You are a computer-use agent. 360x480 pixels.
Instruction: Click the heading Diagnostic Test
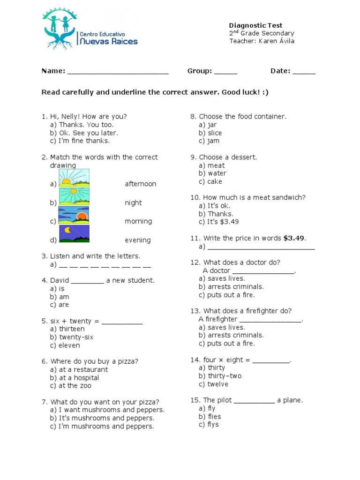click(x=255, y=25)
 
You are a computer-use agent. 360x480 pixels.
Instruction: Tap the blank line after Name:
click(x=118, y=71)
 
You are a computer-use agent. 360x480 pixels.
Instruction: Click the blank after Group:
click(x=226, y=71)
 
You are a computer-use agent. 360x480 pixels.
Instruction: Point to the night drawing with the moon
click(x=74, y=233)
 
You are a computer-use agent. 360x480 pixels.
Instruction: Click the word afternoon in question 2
click(x=140, y=184)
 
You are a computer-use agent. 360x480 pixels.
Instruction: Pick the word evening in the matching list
click(x=137, y=240)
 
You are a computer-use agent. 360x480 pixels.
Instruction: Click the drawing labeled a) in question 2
click(x=74, y=178)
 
